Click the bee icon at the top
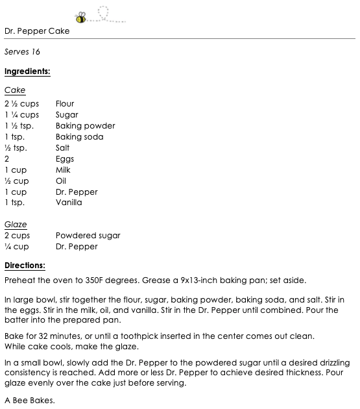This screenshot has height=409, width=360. pos(81,16)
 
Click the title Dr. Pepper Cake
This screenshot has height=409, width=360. pos(37,31)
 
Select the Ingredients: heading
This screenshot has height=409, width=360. pos(27,71)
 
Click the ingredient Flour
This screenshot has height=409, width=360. pos(65,104)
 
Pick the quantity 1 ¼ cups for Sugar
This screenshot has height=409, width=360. pos(22,115)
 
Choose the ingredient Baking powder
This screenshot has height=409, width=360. pos(85,126)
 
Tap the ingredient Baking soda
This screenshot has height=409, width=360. pos(79,137)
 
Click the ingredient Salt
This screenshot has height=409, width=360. pos(63,148)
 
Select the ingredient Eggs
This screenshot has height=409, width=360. pos(65,159)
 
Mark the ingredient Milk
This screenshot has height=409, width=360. pos(63,170)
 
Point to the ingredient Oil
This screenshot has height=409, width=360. pos(61,181)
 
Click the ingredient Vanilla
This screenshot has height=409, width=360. pos(69,203)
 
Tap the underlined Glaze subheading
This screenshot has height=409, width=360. pos(16,225)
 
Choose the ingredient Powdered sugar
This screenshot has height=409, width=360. pos(88,236)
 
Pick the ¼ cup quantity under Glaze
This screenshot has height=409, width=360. pos(17,247)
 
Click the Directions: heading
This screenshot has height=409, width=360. pos(25,266)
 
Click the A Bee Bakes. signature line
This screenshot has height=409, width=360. pos(29,401)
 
